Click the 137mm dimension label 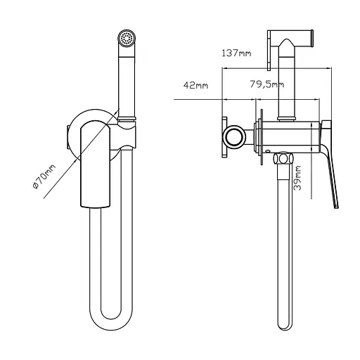(236, 53)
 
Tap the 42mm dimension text (195, 85)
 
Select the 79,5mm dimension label (267, 84)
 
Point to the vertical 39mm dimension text (297, 178)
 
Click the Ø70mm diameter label (44, 176)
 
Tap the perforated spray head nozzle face (127, 37)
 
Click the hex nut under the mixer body (283, 158)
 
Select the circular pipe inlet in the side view (234, 137)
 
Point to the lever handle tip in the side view (336, 206)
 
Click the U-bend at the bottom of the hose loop (111, 323)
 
